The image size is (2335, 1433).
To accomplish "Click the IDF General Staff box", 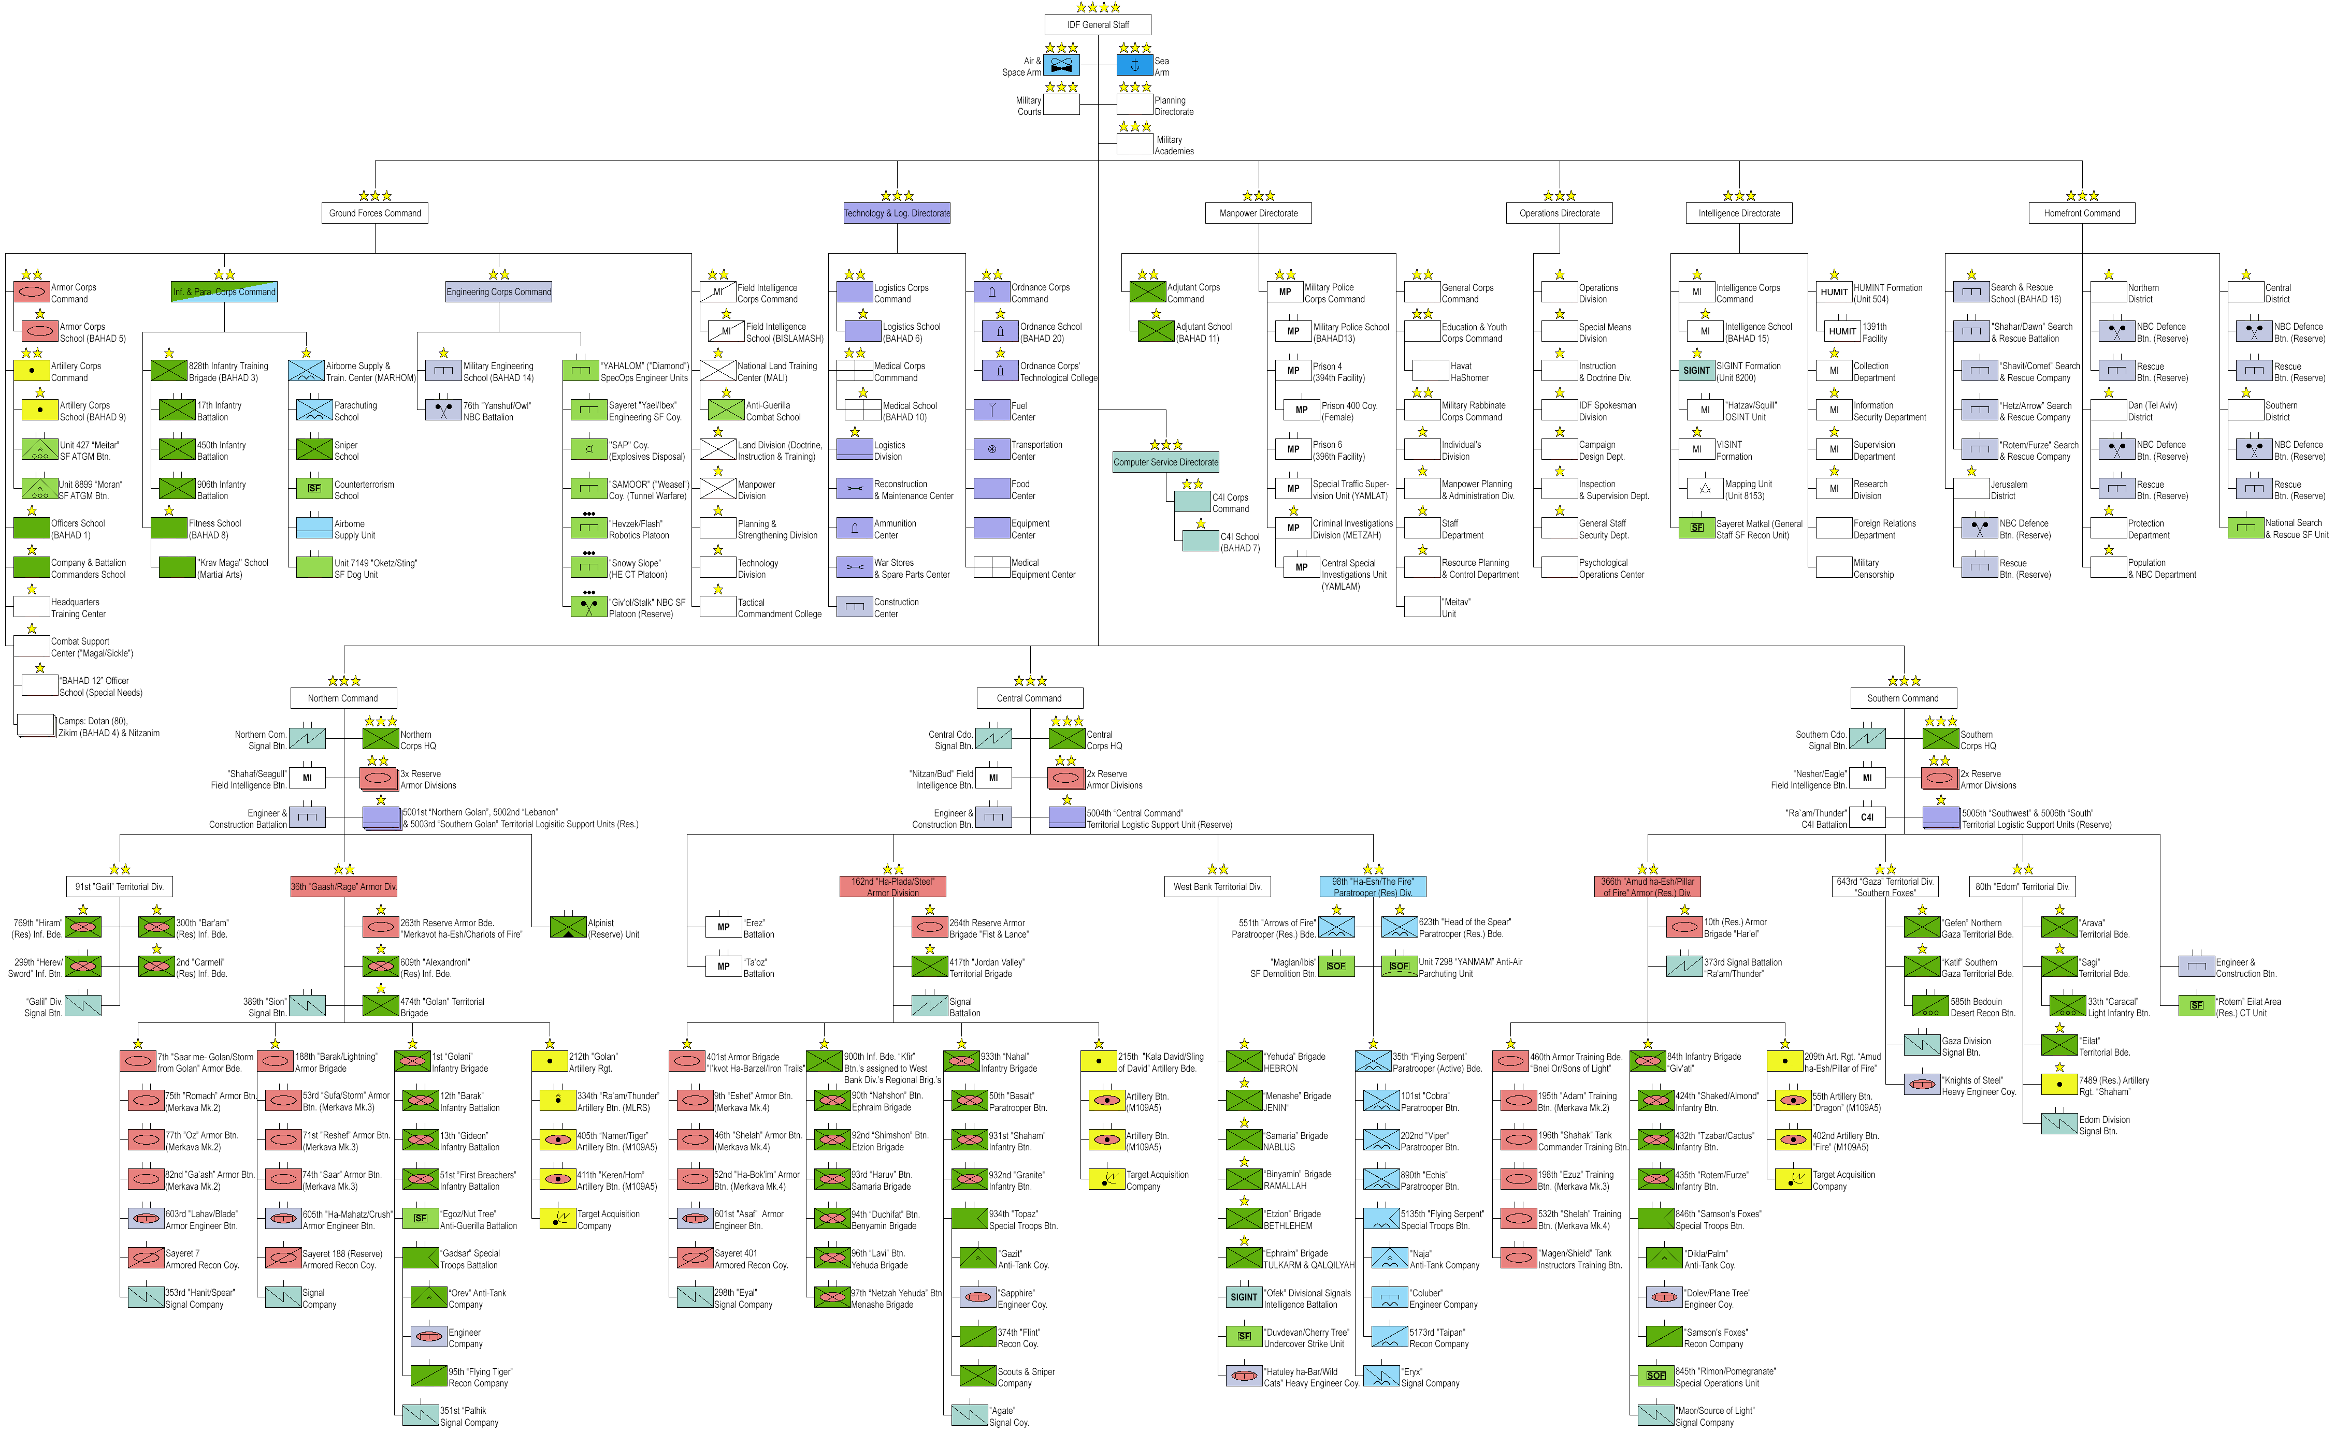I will click(x=1098, y=25).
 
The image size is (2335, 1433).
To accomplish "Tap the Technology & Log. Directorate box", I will click(x=897, y=213).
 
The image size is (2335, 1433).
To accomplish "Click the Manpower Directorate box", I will click(x=1258, y=213).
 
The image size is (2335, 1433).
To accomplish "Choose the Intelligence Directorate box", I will click(x=1739, y=213).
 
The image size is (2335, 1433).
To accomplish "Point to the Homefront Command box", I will click(x=2082, y=213).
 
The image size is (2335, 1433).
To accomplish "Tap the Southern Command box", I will click(x=1902, y=698).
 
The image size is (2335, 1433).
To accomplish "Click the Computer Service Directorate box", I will click(x=1165, y=462).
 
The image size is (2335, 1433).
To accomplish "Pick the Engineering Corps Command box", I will click(x=499, y=292).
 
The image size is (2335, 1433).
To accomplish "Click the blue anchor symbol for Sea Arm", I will click(x=1135, y=65).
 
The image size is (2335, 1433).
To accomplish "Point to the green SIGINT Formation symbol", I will click(x=1696, y=371).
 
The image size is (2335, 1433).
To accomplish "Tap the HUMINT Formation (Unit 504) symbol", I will click(x=1834, y=292).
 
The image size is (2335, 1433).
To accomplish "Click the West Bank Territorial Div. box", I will click(x=1217, y=887).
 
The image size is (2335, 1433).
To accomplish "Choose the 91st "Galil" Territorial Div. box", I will click(x=120, y=887).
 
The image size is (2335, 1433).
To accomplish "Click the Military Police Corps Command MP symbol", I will click(x=1285, y=292).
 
